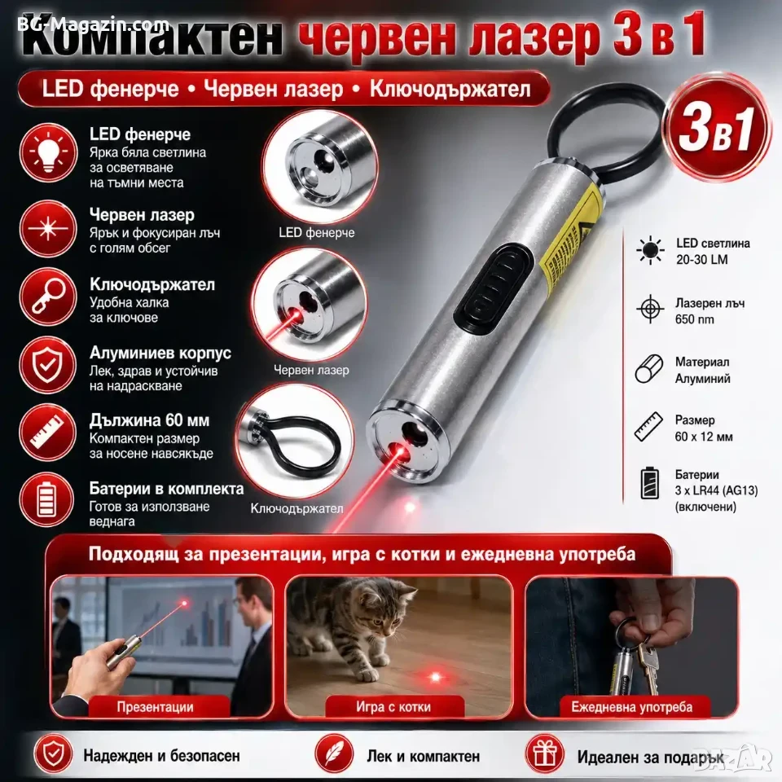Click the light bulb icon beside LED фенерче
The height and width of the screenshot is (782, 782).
tap(48, 152)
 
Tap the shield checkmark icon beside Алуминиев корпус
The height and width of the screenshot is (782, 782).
tap(48, 365)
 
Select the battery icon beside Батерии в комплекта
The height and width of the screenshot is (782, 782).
tap(48, 499)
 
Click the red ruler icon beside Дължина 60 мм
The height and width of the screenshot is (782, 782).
tap(48, 433)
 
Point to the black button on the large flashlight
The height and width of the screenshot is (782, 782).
tap(492, 286)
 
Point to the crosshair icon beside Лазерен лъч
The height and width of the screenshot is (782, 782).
tap(650, 309)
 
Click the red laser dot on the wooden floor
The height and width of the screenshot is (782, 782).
tap(435, 677)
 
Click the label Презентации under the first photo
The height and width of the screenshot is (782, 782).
tap(155, 707)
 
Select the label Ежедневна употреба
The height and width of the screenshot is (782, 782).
tap(631, 707)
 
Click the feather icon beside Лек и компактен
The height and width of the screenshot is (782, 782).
tap(334, 753)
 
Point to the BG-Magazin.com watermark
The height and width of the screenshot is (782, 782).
tap(93, 24)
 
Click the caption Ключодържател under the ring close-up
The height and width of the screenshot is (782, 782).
tap(297, 508)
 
